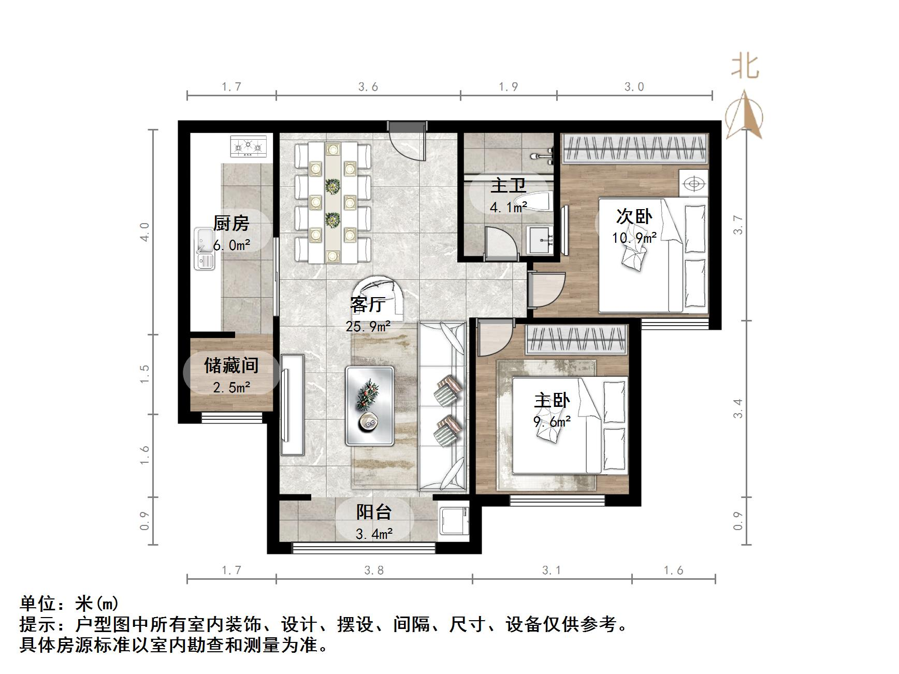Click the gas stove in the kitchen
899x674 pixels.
[248, 146]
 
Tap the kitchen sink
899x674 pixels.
[204, 248]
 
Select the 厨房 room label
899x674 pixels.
[231, 223]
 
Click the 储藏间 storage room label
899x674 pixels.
[231, 365]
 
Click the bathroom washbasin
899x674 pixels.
[540, 240]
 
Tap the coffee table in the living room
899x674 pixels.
[370, 405]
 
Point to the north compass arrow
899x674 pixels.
[744, 115]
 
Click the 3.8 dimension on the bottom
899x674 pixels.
[374, 570]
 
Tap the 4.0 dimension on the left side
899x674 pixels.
[144, 231]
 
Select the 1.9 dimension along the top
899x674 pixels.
[508, 86]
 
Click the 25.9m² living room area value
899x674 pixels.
[368, 327]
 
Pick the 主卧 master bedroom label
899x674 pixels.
[552, 400]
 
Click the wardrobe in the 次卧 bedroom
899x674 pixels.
[635, 148]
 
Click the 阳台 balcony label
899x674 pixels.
[373, 512]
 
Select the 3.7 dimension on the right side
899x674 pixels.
[738, 225]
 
